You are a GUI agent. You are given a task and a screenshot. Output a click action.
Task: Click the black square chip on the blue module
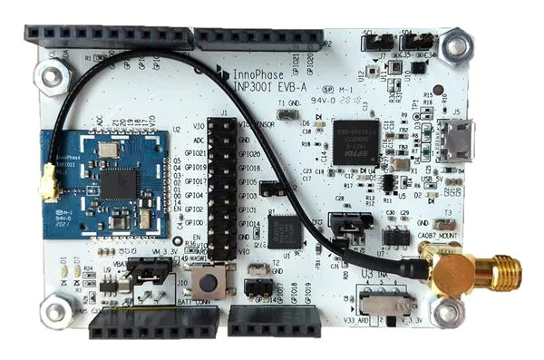click(116, 182)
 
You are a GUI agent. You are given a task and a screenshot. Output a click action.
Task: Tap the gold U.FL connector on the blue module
click(45, 190)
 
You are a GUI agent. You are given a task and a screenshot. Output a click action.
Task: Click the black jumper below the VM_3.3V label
click(151, 268)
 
